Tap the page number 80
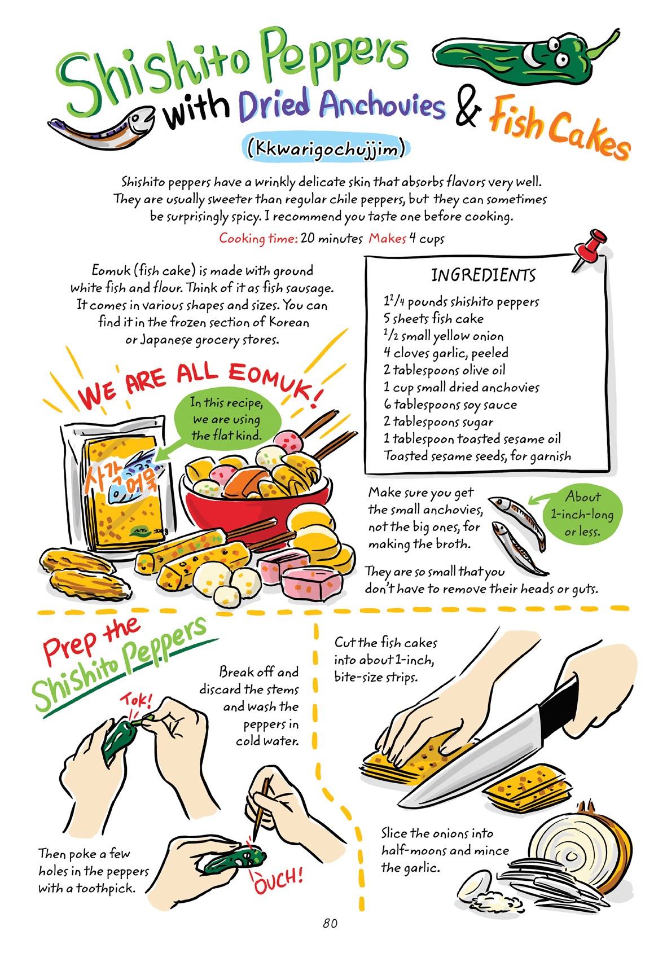click(x=330, y=923)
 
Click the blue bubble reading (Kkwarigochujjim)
click(x=327, y=148)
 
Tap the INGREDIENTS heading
click(x=483, y=275)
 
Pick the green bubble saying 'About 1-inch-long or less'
click(x=582, y=514)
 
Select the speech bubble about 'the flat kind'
click(x=227, y=419)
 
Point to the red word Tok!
click(x=135, y=701)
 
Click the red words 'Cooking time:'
click(x=258, y=238)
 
